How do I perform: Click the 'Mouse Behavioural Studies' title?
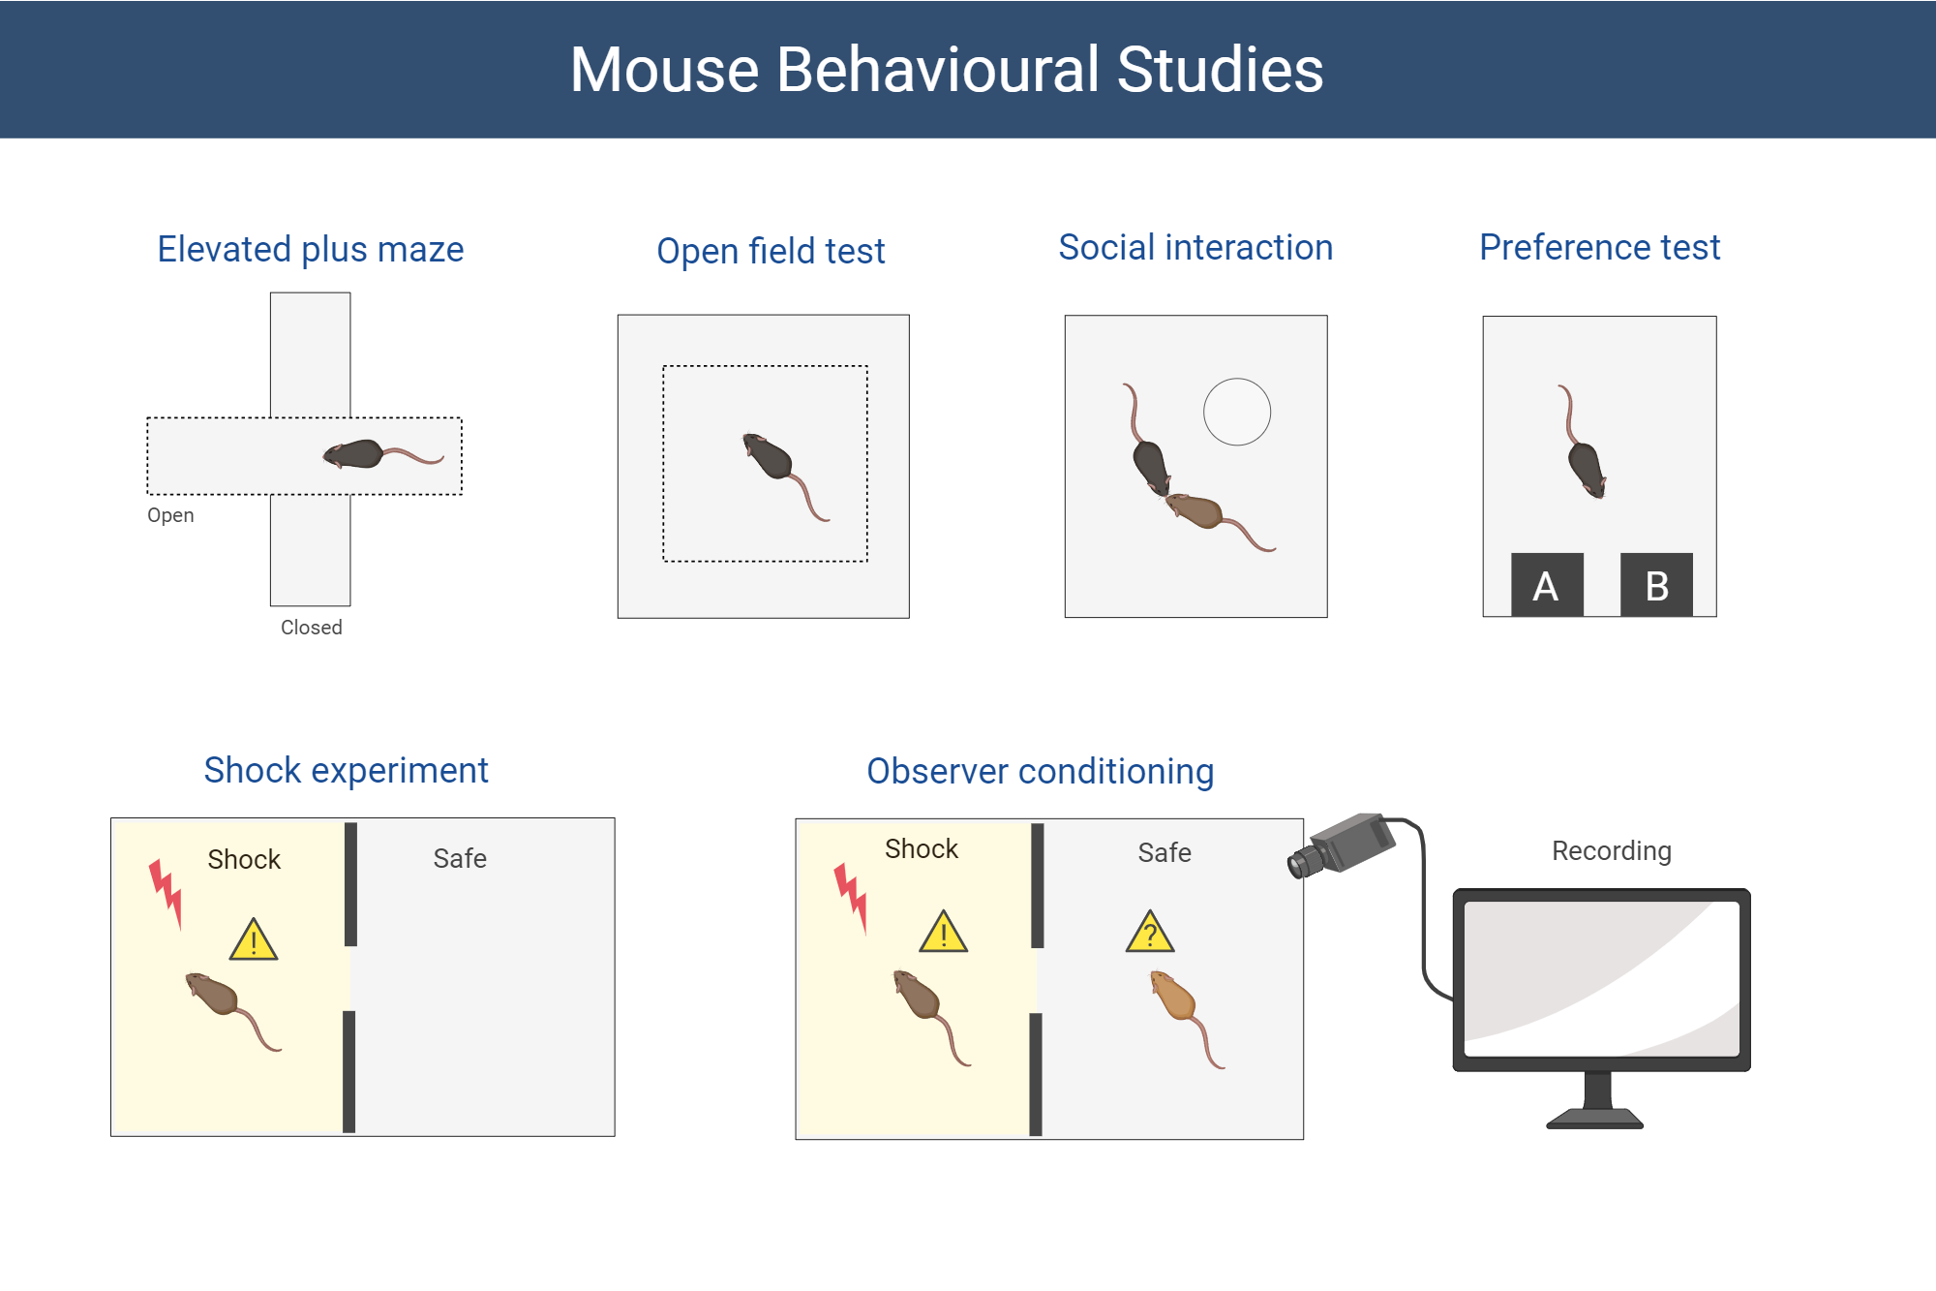[946, 70]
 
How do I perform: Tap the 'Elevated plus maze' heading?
[310, 249]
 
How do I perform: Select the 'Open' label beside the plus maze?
[170, 515]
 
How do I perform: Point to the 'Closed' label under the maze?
[311, 628]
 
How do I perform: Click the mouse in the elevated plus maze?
[356, 453]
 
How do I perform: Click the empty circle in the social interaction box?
[1236, 412]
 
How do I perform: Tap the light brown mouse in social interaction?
[1197, 509]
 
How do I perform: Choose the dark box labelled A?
[1546, 585]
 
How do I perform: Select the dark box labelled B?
[1656, 585]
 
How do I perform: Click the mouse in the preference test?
[1586, 467]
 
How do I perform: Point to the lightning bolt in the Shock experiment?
[166, 891]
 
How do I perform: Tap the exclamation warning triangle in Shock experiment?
[254, 940]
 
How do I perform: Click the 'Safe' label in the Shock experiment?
[459, 858]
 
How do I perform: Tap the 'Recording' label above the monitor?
[1611, 850]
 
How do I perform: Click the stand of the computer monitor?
[1596, 1103]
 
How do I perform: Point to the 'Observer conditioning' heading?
[1040, 771]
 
